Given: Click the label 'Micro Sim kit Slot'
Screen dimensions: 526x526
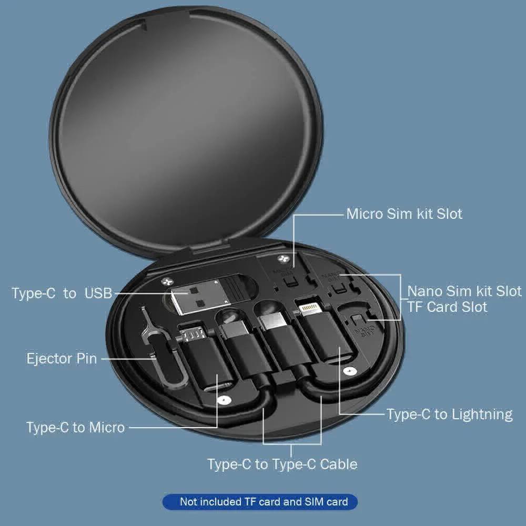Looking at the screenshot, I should pos(404,214).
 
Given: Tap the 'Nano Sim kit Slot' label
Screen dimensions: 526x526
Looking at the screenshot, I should pos(464,291).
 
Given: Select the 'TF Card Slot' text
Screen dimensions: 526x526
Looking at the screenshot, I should pos(447,307).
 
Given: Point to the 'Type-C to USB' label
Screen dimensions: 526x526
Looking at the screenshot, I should pos(62,293).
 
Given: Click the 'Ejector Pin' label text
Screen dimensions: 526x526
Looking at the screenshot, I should pos(62,359).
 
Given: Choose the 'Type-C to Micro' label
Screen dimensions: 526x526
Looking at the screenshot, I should pos(75,427).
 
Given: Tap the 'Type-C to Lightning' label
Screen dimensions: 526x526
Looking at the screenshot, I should pos(449,414).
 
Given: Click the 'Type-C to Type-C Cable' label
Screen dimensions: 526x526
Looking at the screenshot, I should pos(282,464).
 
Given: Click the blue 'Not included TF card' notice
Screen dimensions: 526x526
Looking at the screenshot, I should pos(264,501).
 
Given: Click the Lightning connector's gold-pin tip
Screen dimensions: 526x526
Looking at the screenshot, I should pos(308,307).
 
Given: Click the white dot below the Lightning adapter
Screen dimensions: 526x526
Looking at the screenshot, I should pos(347,371).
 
